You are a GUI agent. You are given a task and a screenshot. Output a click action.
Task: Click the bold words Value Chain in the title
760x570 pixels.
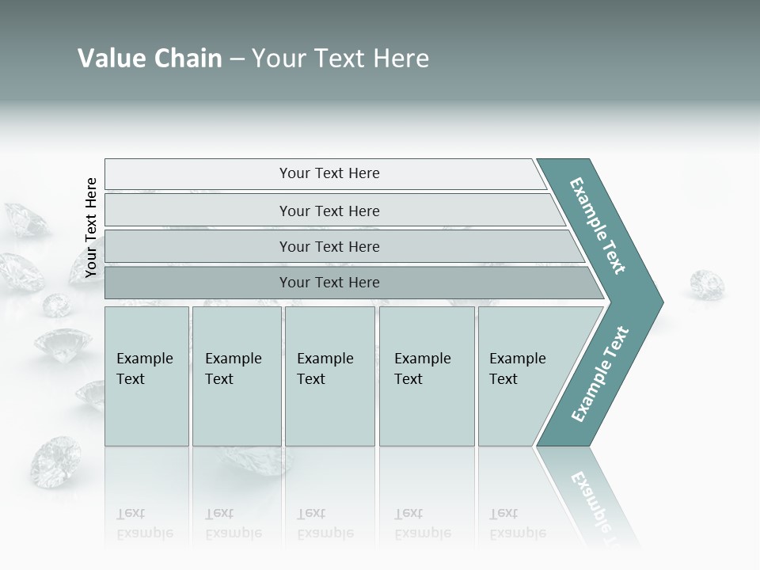pyautogui.click(x=150, y=59)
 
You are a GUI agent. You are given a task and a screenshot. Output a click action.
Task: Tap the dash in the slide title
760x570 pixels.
pyautogui.click(x=237, y=59)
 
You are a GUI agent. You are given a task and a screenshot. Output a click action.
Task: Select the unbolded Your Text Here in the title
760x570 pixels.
pyautogui.click(x=340, y=59)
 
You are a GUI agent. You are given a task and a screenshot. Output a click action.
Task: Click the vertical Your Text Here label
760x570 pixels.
pyautogui.click(x=91, y=227)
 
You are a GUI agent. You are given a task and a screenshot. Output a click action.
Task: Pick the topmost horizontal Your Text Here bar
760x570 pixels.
pyautogui.click(x=329, y=173)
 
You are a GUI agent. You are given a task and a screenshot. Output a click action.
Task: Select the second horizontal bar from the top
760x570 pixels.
pyautogui.click(x=329, y=211)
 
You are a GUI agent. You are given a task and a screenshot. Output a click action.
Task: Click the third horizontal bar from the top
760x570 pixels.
pyautogui.click(x=329, y=246)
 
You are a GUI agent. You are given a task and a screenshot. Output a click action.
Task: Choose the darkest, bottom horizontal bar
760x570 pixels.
pyautogui.click(x=329, y=283)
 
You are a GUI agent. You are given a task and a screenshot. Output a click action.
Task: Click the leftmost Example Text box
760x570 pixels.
pyautogui.click(x=146, y=376)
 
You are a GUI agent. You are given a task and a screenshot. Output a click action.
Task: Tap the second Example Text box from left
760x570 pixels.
pyautogui.click(x=236, y=376)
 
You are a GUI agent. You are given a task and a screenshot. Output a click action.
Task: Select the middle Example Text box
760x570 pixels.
pyautogui.click(x=329, y=376)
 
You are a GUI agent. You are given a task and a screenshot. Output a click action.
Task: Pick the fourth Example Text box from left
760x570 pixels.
pyautogui.click(x=426, y=376)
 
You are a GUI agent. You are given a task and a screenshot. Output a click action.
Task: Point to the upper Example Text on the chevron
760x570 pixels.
pyautogui.click(x=598, y=226)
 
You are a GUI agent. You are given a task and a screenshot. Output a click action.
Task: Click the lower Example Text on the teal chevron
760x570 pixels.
pyautogui.click(x=599, y=374)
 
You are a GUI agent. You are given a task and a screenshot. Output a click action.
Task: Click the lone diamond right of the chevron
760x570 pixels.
pyautogui.click(x=706, y=284)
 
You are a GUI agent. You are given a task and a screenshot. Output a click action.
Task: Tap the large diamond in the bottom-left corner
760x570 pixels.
pyautogui.click(x=55, y=462)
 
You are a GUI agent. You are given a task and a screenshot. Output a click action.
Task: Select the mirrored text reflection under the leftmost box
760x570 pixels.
pyautogui.click(x=145, y=524)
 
